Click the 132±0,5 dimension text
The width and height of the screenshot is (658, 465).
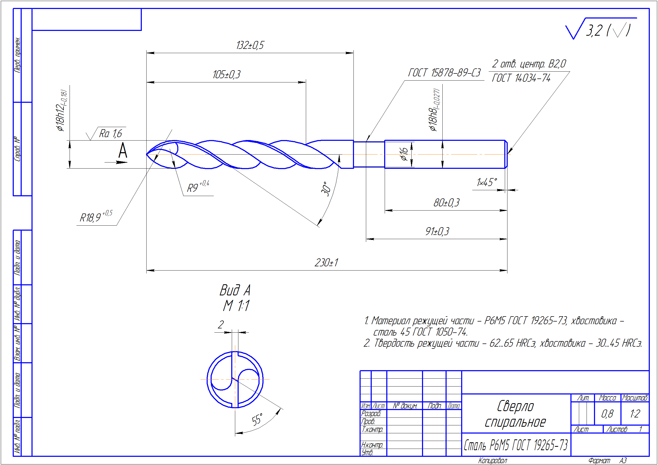(x=250, y=45)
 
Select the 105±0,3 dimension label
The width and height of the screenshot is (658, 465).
(x=226, y=75)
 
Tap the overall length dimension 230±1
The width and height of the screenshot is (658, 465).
(x=326, y=263)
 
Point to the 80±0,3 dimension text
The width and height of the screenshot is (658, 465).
(x=446, y=203)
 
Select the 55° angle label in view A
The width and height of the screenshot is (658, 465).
(x=257, y=420)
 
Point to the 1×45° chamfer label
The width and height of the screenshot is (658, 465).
(x=486, y=182)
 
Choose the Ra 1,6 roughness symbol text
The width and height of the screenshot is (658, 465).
(x=110, y=133)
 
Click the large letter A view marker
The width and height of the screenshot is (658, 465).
(x=123, y=151)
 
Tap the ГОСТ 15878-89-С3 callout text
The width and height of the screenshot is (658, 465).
(x=444, y=73)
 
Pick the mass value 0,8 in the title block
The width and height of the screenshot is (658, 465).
(x=607, y=414)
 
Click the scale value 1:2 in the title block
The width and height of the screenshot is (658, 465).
(x=635, y=414)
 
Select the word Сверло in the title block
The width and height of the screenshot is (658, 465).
(x=515, y=406)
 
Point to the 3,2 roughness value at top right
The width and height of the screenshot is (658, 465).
(x=594, y=31)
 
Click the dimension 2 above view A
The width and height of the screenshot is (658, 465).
(x=220, y=325)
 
